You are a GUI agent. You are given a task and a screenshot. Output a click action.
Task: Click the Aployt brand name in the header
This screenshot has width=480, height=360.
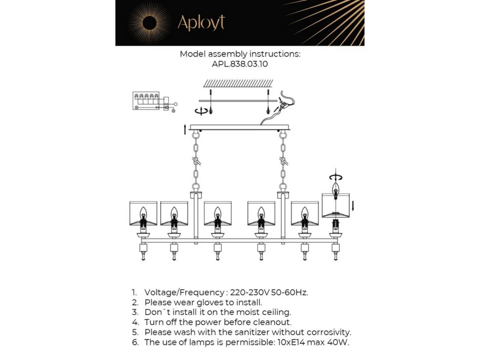coord(201,22)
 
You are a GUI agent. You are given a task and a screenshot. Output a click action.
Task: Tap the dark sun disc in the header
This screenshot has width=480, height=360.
coord(149,23)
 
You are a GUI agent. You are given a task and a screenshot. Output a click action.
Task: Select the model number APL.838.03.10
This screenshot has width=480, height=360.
coord(240,64)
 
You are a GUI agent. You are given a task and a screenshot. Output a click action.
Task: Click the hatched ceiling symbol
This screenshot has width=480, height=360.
coord(238,84)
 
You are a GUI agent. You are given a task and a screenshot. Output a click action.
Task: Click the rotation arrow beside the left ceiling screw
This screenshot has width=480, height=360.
coord(201,111)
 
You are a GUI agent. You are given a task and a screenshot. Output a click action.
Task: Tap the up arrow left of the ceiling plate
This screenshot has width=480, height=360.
coord(185,129)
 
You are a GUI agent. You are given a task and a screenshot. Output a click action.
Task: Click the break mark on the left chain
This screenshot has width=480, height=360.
coord(196,161)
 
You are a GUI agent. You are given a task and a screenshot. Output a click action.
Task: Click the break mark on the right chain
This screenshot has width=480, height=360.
coord(284,161)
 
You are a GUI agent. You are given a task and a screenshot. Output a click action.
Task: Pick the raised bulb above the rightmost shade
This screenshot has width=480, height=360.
coord(336,191)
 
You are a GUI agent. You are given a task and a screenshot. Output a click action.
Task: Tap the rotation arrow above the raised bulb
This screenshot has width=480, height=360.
coord(336,177)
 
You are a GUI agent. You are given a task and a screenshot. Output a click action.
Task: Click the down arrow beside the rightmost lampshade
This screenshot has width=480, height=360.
coord(352,206)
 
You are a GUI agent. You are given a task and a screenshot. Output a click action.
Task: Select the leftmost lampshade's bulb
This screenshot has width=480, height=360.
coord(143,215)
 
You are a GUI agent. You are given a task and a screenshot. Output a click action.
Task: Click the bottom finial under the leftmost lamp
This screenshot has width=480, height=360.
coord(143,256)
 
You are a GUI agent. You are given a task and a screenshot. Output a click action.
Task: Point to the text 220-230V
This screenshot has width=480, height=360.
coord(250,292)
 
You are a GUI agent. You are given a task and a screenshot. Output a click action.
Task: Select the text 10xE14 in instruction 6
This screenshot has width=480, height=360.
coord(291,342)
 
